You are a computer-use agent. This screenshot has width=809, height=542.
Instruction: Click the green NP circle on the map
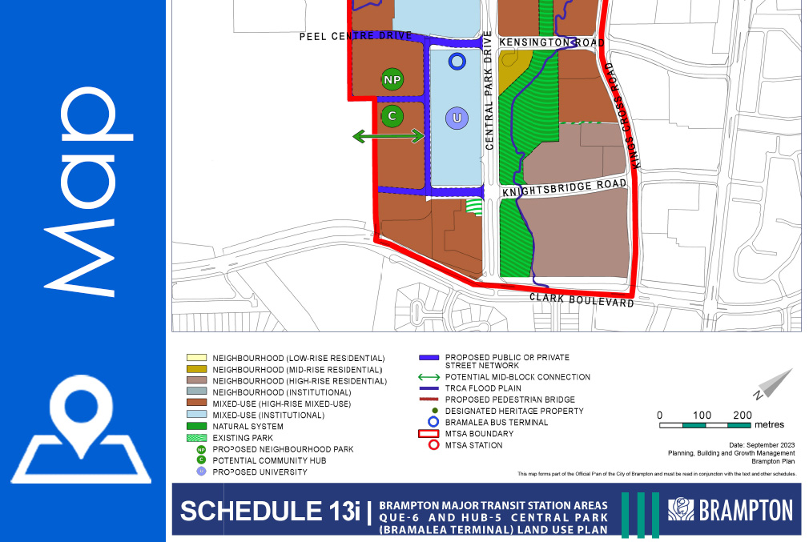coord(392,80)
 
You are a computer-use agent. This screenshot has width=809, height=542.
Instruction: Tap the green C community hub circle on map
coord(392,116)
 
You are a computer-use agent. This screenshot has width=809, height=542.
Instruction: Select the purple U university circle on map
coord(457,118)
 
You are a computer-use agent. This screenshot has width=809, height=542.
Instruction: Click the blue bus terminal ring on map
coord(457,60)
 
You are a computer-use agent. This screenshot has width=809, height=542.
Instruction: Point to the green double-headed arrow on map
coord(388,137)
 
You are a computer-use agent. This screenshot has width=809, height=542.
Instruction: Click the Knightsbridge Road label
coord(564,188)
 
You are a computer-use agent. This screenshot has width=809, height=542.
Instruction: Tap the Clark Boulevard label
coord(582,300)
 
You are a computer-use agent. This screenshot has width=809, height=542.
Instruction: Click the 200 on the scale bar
coord(743,415)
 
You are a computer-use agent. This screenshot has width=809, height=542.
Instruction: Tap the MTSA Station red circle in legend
coord(434,445)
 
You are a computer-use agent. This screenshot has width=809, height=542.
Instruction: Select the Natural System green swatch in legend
coord(195,427)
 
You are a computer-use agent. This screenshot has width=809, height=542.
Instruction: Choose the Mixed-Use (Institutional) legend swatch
coord(195,416)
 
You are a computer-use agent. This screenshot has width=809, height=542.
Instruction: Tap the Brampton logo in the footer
coord(731,509)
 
